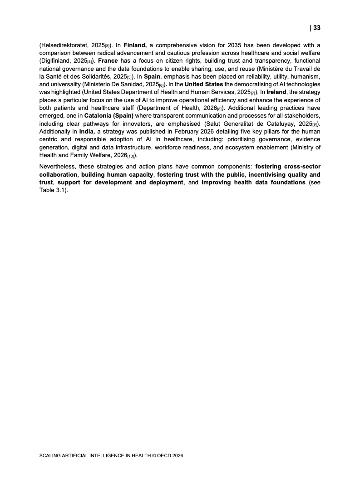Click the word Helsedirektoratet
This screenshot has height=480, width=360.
pyautogui.click(x=63, y=45)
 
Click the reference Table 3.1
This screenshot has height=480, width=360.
pyautogui.click(x=52, y=190)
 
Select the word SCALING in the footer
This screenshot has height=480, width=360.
pyautogui.click(x=50, y=455)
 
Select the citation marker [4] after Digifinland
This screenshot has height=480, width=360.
pyautogui.click(x=91, y=61)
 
